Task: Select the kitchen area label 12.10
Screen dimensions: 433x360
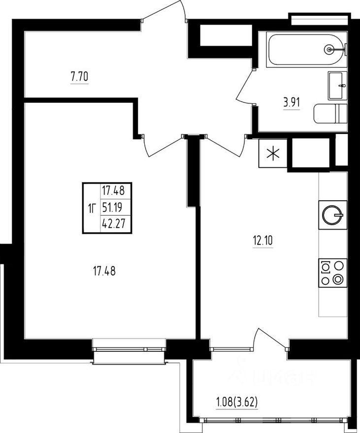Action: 263,241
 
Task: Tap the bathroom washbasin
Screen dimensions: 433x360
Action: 337,86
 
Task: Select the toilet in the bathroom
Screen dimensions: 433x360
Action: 330,114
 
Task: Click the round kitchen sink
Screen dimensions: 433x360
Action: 332,214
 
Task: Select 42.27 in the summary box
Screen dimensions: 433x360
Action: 112,222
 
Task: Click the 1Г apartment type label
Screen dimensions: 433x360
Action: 91,207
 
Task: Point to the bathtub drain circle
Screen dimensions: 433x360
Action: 330,49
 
